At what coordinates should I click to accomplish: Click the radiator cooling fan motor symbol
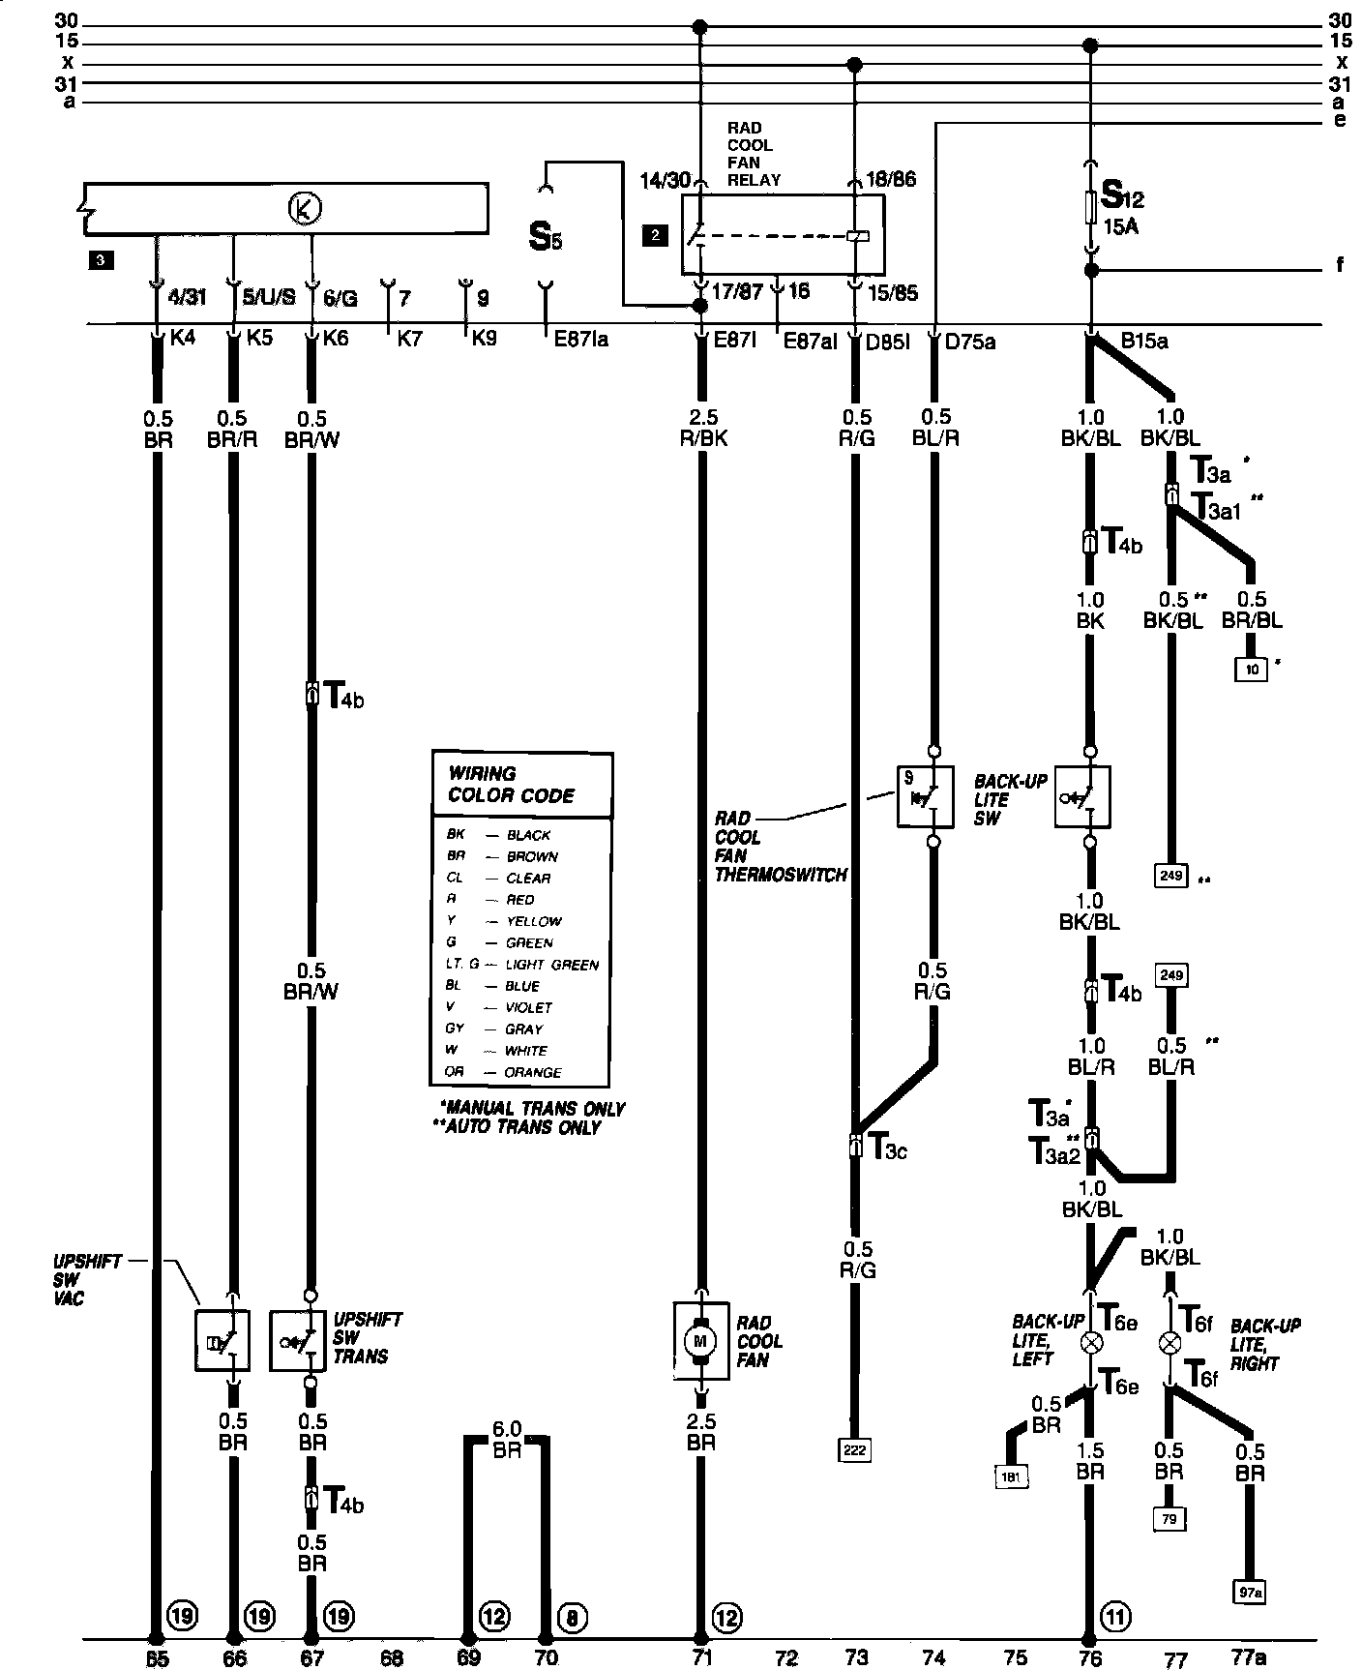click(x=700, y=1340)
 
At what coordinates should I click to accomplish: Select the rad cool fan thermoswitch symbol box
click(x=925, y=796)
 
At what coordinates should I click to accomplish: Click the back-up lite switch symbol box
click(x=1081, y=796)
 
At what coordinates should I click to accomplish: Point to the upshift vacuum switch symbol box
click(x=222, y=1340)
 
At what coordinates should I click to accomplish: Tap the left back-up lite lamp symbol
click(x=1092, y=1343)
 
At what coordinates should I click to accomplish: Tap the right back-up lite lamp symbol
click(x=1170, y=1343)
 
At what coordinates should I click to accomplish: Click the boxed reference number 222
click(x=856, y=1448)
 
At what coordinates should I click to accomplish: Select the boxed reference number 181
click(x=1011, y=1476)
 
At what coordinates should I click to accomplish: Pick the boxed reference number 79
click(x=1170, y=1518)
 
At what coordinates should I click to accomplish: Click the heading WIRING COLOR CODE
click(x=511, y=785)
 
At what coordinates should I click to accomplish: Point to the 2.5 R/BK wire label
click(x=701, y=428)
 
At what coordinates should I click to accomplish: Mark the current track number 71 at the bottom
click(x=701, y=1657)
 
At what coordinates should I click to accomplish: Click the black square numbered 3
click(x=101, y=259)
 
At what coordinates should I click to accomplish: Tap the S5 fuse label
click(x=545, y=238)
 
